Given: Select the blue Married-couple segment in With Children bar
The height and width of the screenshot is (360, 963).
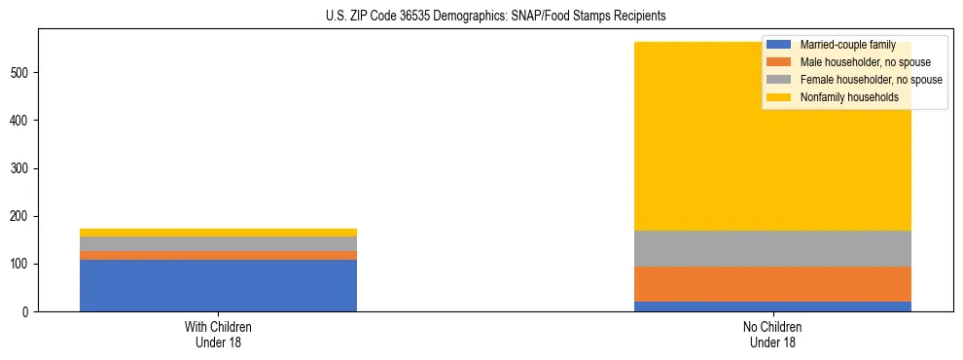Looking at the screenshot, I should point(218,285).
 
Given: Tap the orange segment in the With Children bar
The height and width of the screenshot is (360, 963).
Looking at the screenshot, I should point(218,255).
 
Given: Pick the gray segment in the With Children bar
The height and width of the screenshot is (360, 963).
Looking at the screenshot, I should point(218,243).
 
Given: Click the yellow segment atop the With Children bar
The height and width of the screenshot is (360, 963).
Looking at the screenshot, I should point(218,233).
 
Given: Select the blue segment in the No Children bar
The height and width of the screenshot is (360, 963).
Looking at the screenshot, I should point(772,306).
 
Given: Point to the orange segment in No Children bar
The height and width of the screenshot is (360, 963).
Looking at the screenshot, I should point(772,284).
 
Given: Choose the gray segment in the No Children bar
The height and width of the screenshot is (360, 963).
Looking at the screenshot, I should point(772,248).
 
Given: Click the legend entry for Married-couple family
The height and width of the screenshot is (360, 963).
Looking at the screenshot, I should point(841,45).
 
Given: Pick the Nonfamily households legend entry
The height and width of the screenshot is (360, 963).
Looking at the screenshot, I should point(842,97).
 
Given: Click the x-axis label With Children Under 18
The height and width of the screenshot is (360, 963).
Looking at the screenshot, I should point(218,335).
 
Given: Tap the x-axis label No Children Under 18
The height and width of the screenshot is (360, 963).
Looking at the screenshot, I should point(772,335).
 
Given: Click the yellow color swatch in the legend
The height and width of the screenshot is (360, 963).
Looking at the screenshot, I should point(780,97).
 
